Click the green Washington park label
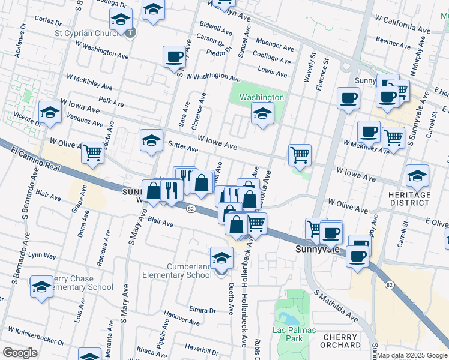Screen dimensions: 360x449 [262, 97]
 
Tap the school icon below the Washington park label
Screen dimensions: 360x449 [262, 113]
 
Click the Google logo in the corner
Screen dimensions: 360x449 [20, 353]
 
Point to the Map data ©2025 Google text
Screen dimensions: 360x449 [412, 355]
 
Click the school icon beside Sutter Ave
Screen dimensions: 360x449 [152, 140]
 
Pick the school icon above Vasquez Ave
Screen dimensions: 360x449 [50, 112]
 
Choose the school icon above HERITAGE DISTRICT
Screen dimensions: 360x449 [417, 176]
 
